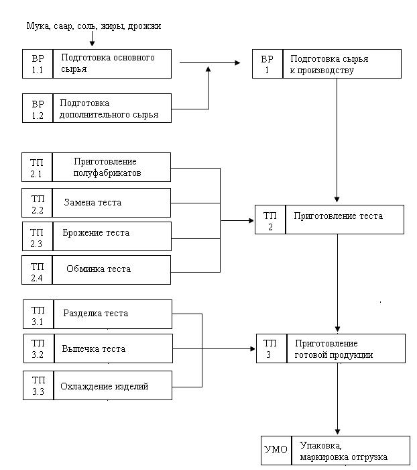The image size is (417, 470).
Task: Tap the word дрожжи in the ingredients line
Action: (x=144, y=27)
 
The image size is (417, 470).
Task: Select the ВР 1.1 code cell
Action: (x=38, y=64)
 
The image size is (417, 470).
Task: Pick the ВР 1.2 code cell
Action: (x=38, y=108)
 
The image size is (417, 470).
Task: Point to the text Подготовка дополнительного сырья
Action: (x=109, y=109)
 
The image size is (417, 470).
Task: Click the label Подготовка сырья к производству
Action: (x=329, y=64)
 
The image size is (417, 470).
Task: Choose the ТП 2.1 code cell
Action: (x=37, y=167)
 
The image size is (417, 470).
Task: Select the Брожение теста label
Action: (x=96, y=233)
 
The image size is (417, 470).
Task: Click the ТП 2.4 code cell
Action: (x=37, y=270)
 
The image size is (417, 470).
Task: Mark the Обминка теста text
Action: (x=99, y=269)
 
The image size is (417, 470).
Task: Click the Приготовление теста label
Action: (x=339, y=216)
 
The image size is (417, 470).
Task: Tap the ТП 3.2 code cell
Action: (x=39, y=348)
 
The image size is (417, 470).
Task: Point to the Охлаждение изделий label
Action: (x=105, y=386)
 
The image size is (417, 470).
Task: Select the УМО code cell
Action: (x=276, y=451)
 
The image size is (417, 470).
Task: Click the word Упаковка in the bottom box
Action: (x=320, y=446)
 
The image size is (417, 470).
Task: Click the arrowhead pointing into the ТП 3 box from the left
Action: (x=252, y=348)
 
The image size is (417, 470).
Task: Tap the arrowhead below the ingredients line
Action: (x=93, y=43)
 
